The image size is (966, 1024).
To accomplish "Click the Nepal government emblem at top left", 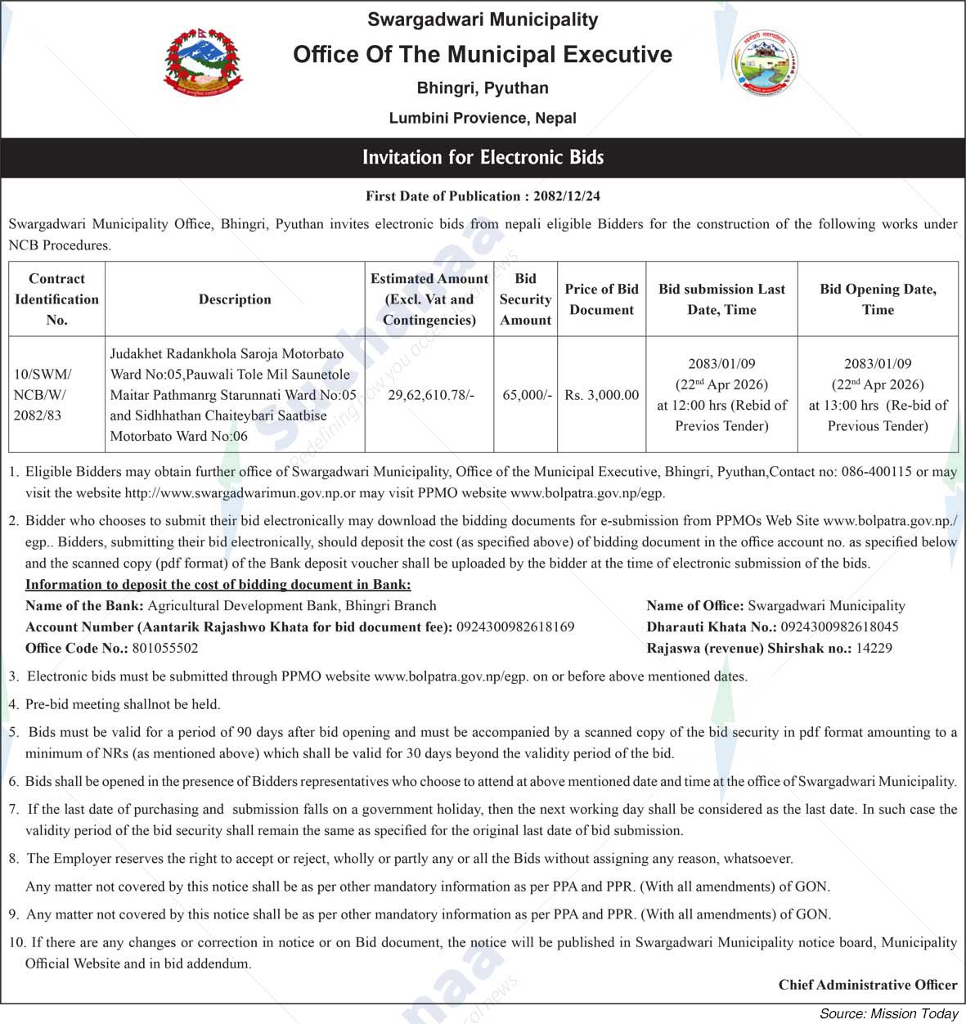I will click(204, 65).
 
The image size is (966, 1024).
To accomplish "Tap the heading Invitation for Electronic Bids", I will click(483, 157).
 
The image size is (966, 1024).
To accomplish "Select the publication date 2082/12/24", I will click(567, 196).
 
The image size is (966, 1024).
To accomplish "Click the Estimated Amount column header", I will click(429, 299).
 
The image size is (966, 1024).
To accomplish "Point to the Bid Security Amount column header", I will click(525, 299).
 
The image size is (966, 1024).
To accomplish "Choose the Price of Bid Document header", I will click(601, 299).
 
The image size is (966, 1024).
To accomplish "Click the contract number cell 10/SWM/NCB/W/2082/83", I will click(43, 395).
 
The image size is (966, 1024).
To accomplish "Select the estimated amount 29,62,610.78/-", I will click(430, 395).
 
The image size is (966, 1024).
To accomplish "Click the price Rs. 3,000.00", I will click(601, 395).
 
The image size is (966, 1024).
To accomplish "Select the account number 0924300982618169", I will click(515, 627).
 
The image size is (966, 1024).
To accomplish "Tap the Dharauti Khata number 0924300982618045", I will click(839, 627).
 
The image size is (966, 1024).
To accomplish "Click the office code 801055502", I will click(164, 649).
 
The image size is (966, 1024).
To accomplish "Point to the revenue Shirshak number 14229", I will click(874, 649).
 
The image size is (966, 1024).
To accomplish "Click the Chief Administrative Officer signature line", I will click(867, 985).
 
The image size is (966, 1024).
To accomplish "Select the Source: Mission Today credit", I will click(888, 1014).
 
